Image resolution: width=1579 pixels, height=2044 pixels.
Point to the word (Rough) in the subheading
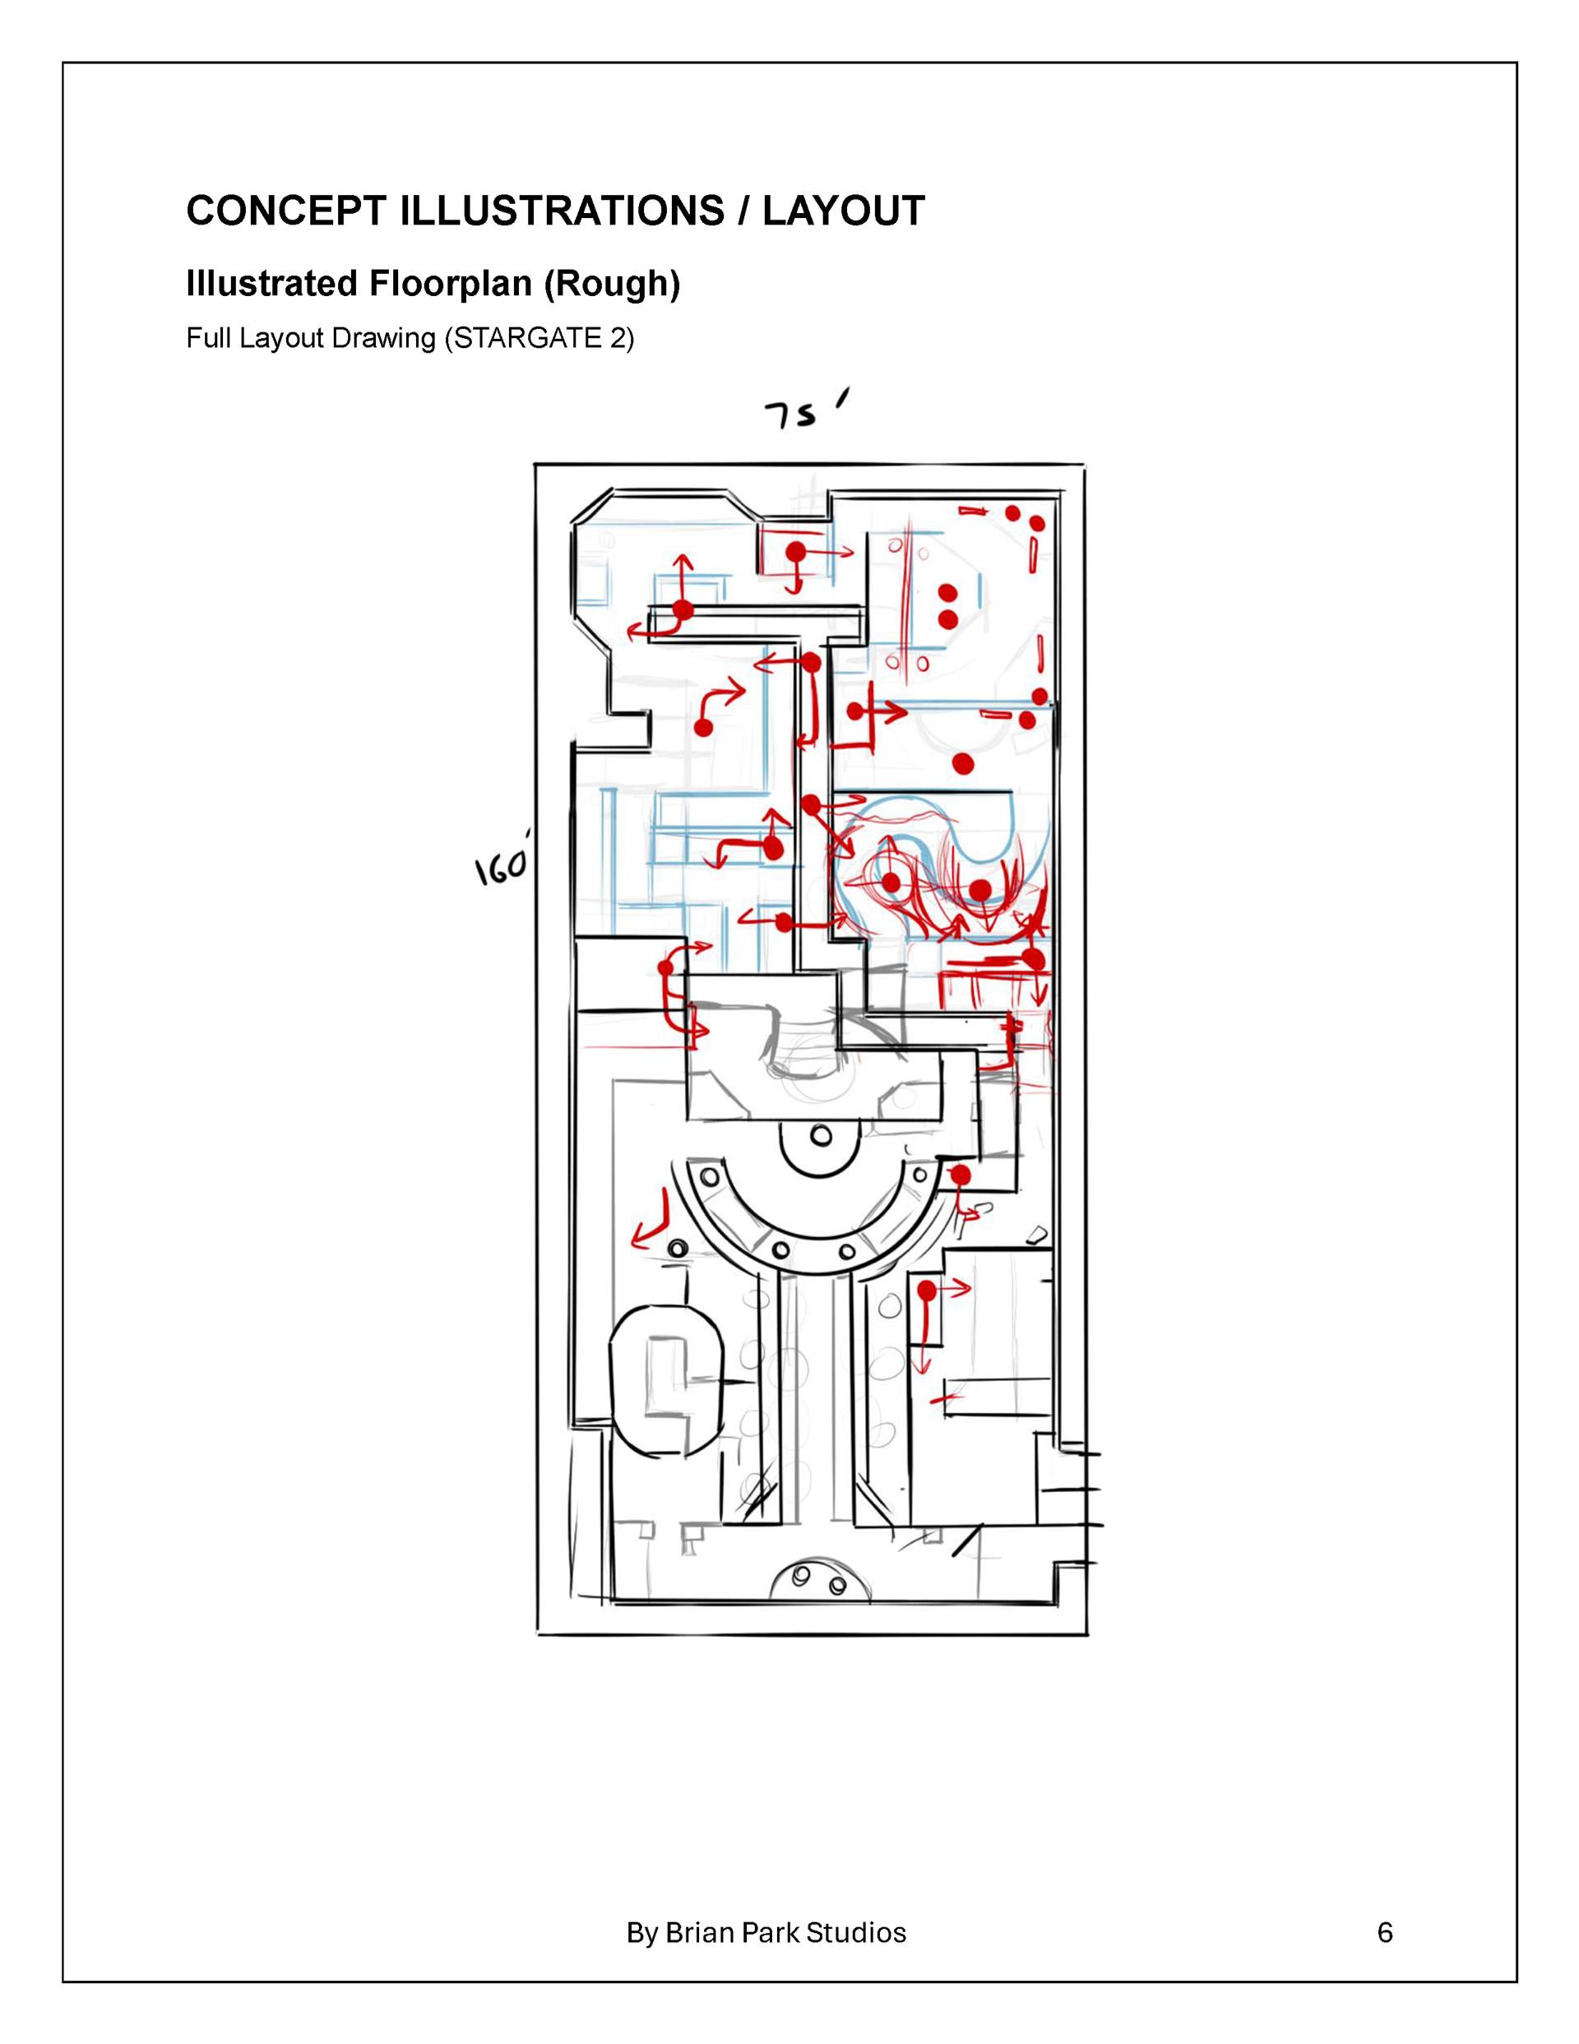tap(612, 284)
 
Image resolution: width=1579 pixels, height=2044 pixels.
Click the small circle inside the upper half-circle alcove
tap(821, 1136)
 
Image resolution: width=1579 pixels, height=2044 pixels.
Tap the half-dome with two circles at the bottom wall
tap(820, 1583)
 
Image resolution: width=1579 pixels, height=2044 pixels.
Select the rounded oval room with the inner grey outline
tap(666, 1379)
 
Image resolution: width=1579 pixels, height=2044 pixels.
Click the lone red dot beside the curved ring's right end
tap(961, 1175)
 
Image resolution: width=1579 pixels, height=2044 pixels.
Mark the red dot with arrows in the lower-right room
tap(927, 1291)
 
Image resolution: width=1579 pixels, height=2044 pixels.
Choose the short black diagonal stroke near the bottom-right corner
tap(967, 1541)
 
